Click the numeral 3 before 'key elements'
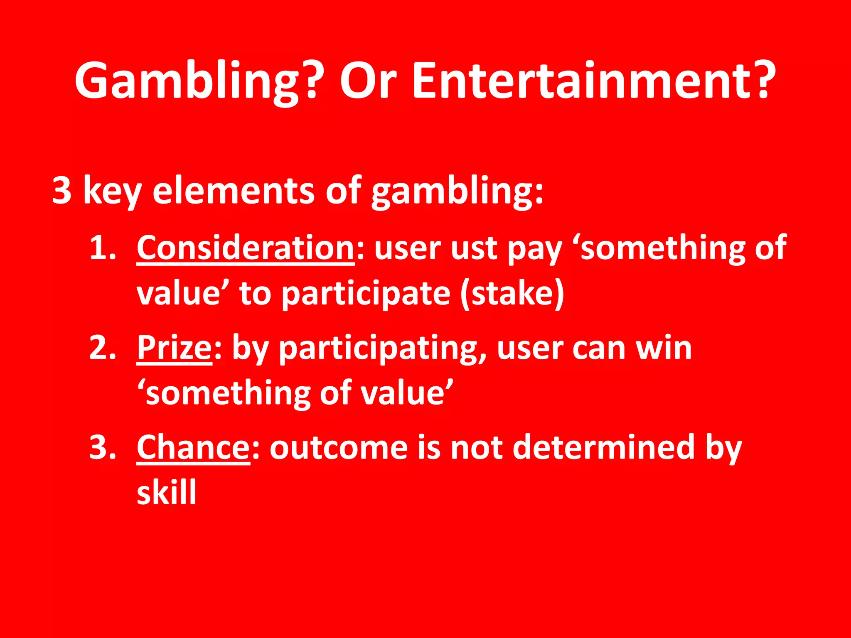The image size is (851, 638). (x=62, y=190)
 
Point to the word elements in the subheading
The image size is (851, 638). (x=233, y=190)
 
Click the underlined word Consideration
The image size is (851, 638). (x=245, y=248)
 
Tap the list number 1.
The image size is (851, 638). (x=101, y=248)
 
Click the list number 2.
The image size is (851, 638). (x=102, y=348)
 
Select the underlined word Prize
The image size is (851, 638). (x=175, y=348)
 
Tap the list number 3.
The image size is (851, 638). (x=102, y=447)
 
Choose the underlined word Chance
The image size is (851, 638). (x=193, y=447)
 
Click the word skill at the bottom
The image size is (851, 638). (x=166, y=492)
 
